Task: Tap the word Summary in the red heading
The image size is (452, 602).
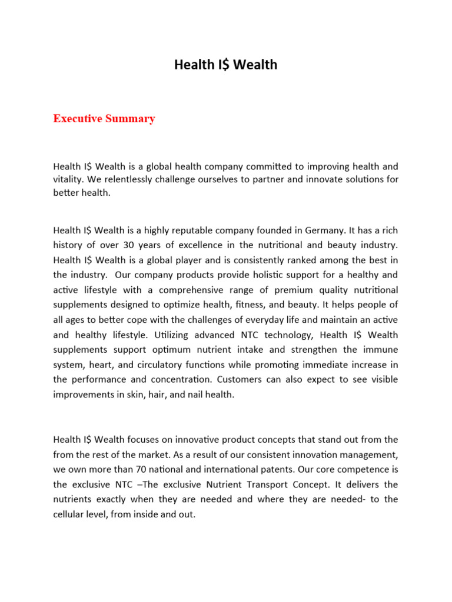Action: click(131, 119)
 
